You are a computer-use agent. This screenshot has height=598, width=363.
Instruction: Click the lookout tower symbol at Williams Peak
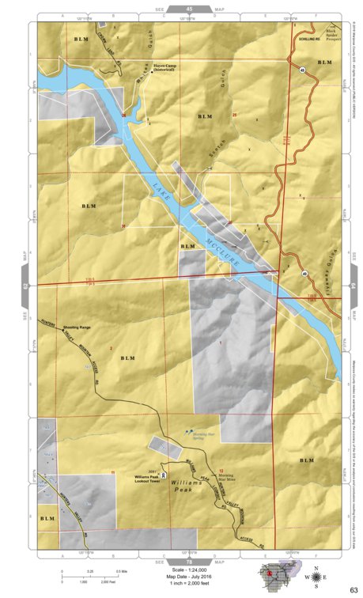pos(164,476)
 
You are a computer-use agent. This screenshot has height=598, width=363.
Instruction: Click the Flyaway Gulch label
pos(327,269)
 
